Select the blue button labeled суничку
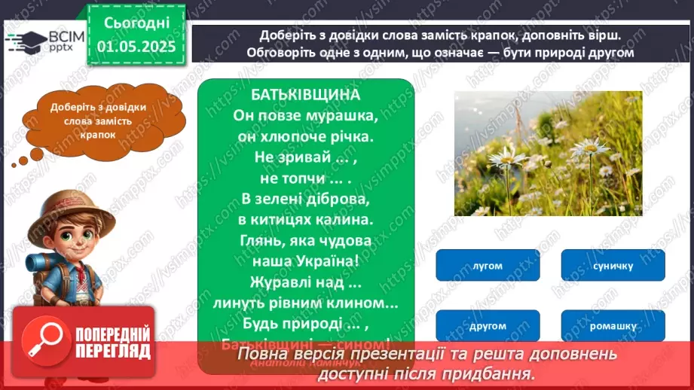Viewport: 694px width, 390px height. pos(613,265)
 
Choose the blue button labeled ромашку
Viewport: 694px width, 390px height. pos(613,325)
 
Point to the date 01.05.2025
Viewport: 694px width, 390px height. pos(136,47)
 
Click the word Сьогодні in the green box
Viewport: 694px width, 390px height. pos(136,23)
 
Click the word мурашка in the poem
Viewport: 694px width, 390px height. pos(342,116)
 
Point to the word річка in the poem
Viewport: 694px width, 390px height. pos(351,137)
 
